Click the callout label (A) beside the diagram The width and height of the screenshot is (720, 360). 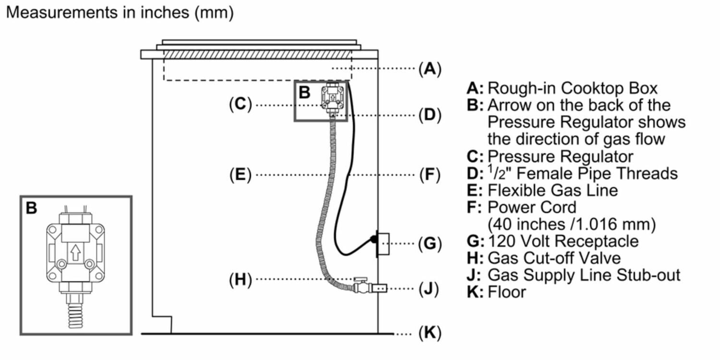429,69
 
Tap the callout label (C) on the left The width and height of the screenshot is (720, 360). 240,105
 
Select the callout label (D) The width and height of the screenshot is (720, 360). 429,115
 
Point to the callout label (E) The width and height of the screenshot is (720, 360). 240,175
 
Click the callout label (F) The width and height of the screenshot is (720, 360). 429,175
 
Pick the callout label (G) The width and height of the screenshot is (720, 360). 429,244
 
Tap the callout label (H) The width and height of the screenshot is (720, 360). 240,279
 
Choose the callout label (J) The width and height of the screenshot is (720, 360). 429,289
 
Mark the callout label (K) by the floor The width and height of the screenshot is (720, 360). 429,333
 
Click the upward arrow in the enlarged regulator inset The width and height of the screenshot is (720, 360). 75,252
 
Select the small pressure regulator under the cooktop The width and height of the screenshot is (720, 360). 332,98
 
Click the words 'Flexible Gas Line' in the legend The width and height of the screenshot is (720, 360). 552,190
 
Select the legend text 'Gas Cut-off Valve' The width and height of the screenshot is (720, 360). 554,258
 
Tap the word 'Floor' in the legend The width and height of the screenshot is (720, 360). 507,291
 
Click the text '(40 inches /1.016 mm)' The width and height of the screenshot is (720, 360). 571,224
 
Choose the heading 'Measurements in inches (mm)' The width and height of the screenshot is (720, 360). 120,12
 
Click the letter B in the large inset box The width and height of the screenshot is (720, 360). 31,208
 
